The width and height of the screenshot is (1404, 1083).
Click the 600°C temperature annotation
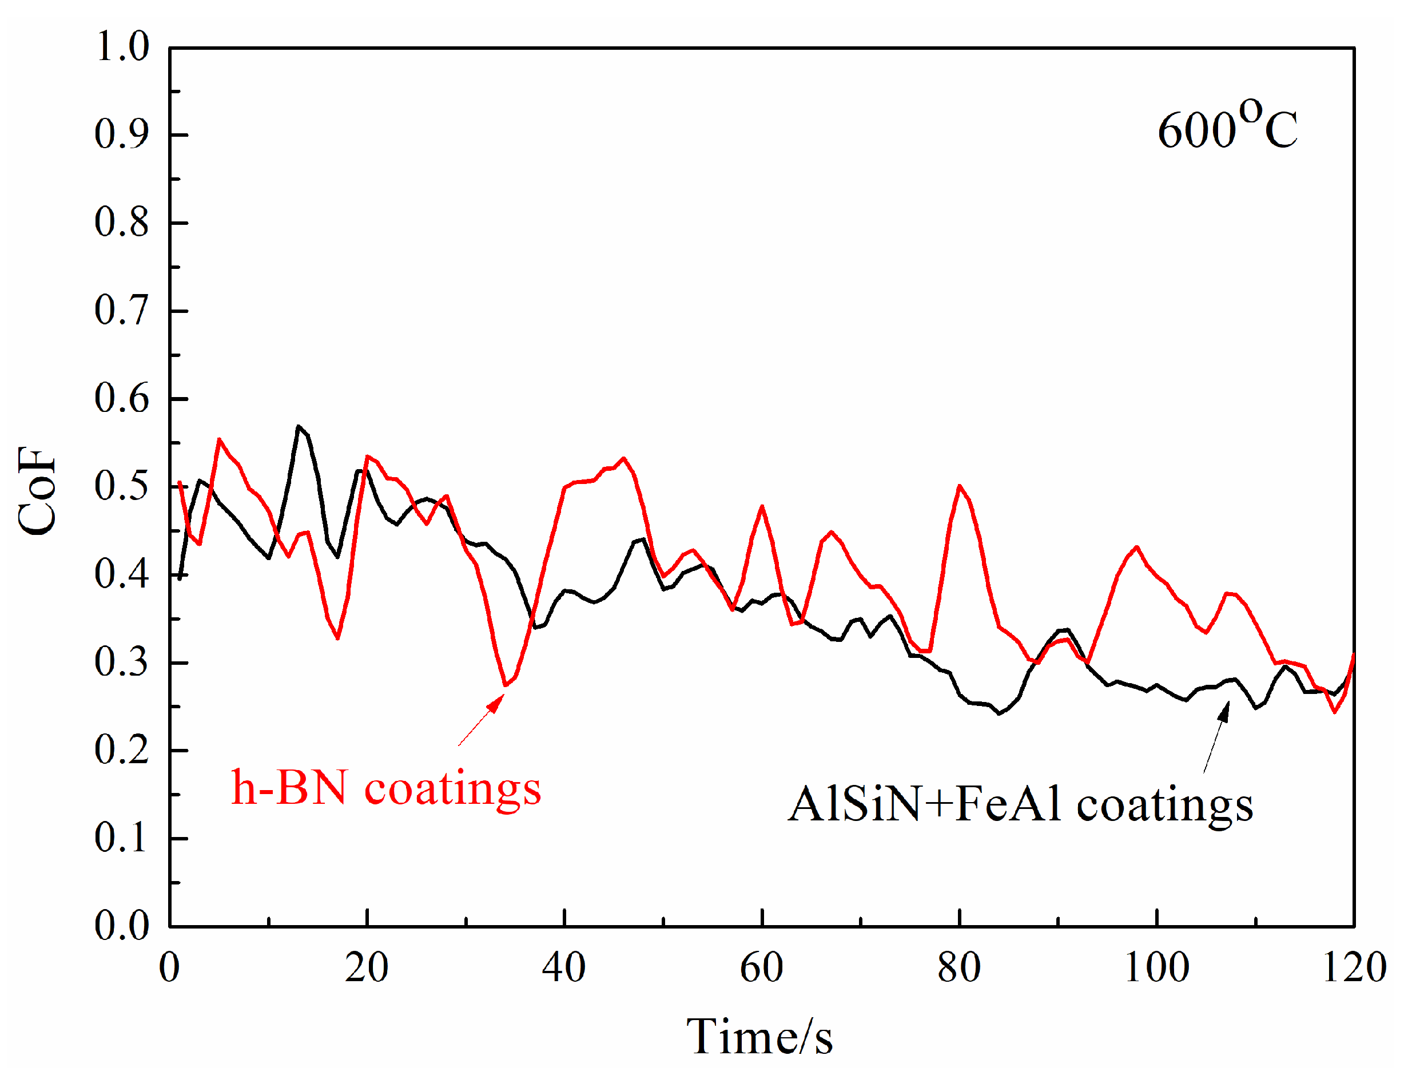click(1227, 128)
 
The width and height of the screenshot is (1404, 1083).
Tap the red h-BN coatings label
click(385, 788)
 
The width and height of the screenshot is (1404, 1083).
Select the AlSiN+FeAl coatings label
click(1020, 804)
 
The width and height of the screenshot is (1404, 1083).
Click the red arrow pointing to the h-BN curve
click(481, 720)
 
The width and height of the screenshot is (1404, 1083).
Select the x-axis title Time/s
click(759, 1037)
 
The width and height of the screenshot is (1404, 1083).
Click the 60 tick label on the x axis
click(762, 967)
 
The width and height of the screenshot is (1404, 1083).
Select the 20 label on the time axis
click(367, 967)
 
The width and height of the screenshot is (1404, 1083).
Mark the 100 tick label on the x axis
click(1156, 967)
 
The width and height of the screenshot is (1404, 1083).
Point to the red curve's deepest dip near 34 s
click(506, 685)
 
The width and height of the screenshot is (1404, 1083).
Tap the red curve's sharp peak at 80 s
click(959, 486)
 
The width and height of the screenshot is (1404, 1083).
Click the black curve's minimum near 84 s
click(999, 713)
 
